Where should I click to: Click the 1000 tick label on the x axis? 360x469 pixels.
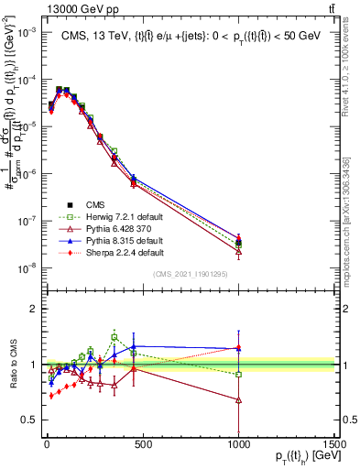click(x=238, y=443)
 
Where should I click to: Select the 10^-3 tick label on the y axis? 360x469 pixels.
click(x=23, y=31)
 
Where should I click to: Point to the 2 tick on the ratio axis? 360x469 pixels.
click(x=29, y=309)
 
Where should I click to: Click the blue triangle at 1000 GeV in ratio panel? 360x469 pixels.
click(x=238, y=348)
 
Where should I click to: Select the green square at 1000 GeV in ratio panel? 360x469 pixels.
click(x=238, y=374)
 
